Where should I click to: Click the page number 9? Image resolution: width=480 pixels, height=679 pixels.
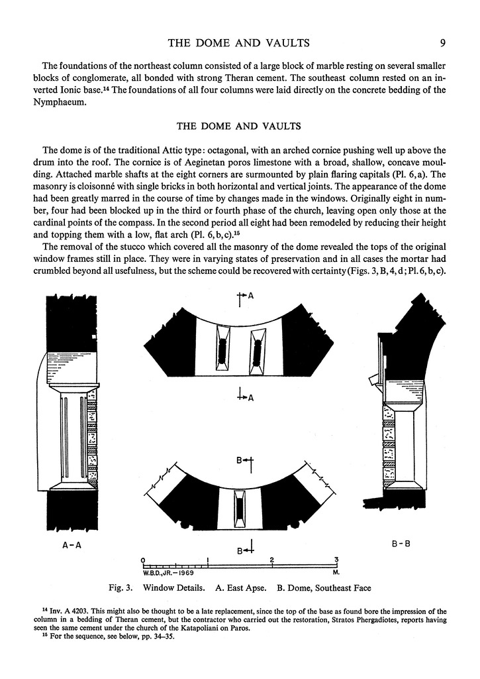pyautogui.click(x=442, y=43)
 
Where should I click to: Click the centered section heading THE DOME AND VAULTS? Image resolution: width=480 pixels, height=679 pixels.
pyautogui.click(x=240, y=125)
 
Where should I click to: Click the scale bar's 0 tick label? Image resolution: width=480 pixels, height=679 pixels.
pyautogui.click(x=143, y=559)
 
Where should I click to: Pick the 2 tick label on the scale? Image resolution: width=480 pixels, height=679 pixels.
pyautogui.click(x=272, y=559)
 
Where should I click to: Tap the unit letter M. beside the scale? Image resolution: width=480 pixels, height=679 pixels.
pyautogui.click(x=336, y=571)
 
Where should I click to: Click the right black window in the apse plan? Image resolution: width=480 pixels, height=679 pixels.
pyautogui.click(x=256, y=350)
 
